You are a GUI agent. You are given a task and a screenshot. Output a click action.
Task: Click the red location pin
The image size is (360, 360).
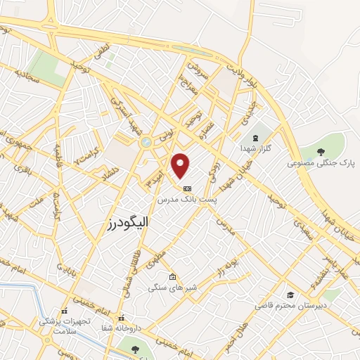(181, 166)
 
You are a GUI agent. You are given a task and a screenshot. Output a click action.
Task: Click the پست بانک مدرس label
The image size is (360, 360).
(187, 200)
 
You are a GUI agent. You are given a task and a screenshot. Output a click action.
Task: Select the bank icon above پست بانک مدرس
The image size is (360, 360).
(187, 188)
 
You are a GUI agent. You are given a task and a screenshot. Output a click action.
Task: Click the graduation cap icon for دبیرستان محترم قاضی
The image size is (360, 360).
(290, 295)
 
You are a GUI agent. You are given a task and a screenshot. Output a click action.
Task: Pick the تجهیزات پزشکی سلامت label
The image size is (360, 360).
(65, 326)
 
